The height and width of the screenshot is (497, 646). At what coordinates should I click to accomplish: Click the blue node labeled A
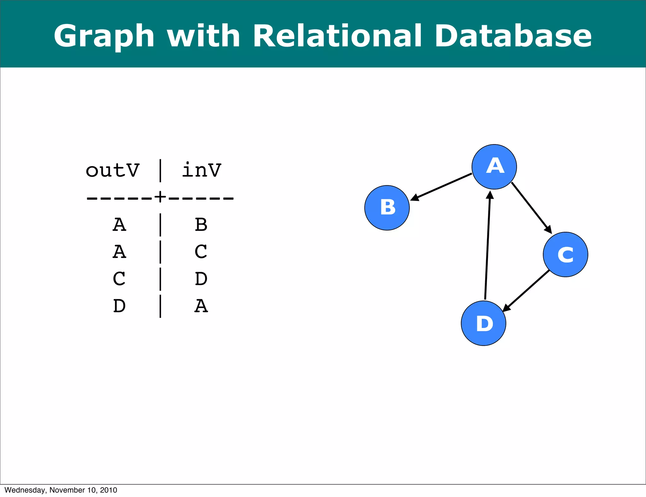pos(494,167)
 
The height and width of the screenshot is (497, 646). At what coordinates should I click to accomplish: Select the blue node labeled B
pos(387,208)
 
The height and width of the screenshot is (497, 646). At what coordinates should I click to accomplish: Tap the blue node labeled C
pos(565,254)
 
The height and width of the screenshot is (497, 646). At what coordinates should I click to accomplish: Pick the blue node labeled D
pos(483,323)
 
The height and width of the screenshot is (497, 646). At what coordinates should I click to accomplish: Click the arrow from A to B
pos(442,186)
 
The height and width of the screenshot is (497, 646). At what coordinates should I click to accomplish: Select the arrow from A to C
pos(531,208)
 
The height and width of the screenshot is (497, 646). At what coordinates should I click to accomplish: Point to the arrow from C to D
pos(526,290)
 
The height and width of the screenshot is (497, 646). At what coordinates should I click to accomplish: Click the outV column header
pos(112,171)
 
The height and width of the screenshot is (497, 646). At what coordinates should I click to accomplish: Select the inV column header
pos(202,171)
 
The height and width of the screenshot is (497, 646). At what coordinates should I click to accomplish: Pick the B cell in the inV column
pos(201,225)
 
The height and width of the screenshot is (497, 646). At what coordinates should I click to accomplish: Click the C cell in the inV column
pos(201,252)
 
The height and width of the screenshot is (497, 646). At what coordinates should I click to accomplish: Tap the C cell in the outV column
pos(119,279)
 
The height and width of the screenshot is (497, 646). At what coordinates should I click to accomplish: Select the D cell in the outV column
pos(119,306)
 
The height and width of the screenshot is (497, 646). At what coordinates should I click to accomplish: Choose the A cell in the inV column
pos(201,306)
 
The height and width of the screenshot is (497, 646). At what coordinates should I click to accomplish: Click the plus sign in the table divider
pos(160,197)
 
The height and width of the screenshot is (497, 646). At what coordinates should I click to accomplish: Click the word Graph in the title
pos(104,36)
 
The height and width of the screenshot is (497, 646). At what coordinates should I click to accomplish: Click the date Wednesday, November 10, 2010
pos(61,490)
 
